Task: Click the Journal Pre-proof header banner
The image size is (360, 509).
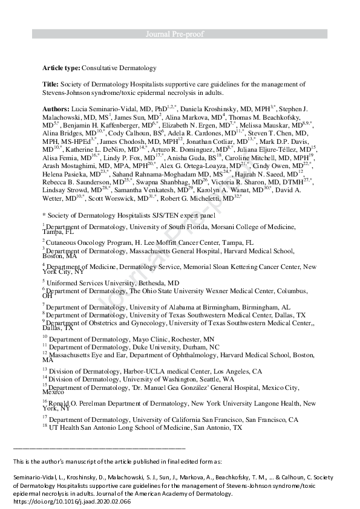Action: pyautogui.click(x=180, y=34)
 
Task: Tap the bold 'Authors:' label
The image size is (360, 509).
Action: pyautogui.click(x=56, y=109)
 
